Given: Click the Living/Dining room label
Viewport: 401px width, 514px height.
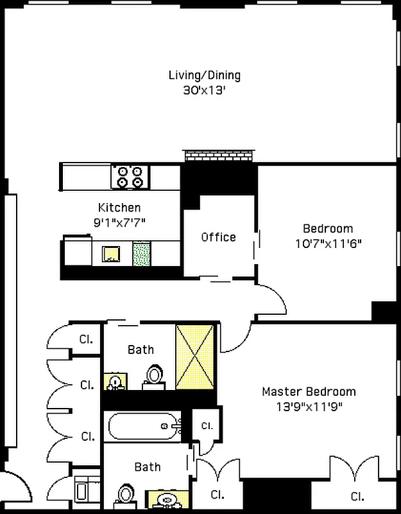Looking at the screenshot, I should (204, 75).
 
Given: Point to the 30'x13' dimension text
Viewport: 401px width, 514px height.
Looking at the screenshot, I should (204, 91).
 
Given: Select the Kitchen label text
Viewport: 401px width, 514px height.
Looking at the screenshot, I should (119, 208).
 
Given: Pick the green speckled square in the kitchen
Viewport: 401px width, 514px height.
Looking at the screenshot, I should (141, 253).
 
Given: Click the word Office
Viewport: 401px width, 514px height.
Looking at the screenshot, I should (218, 237).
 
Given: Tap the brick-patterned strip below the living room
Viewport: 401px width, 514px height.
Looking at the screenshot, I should (219, 156).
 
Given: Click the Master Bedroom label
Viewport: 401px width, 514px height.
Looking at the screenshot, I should (308, 391).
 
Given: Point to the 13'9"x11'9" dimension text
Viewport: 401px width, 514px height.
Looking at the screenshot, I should (308, 406).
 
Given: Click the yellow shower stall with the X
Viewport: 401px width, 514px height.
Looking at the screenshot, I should (196, 357).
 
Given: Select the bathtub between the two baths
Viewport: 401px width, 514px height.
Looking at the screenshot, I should (144, 425).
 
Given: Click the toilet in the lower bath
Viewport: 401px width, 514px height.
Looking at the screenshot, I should (126, 494).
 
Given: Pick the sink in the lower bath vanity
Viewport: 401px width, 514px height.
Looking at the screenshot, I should (167, 499).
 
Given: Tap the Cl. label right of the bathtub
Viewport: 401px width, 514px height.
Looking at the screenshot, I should (207, 425).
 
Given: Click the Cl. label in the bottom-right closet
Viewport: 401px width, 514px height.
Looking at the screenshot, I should (357, 496).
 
